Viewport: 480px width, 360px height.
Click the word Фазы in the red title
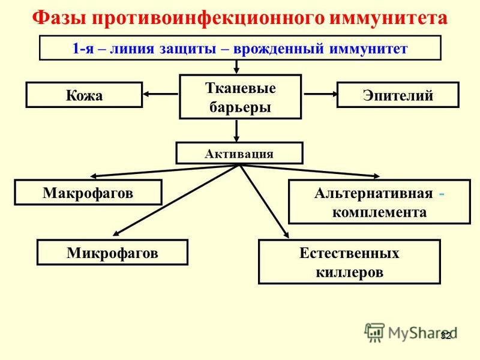pos(59,18)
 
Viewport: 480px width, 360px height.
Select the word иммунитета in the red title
pos(388,18)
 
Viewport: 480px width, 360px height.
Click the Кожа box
pos(84,95)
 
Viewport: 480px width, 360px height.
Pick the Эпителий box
pos(398,95)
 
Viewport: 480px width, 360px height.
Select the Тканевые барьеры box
pos(241,97)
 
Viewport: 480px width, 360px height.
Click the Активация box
pos(239,153)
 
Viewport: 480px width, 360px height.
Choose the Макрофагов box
pos(88,192)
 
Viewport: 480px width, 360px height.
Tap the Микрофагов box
pos(112,252)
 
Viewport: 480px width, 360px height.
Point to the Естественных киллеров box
pos(349,262)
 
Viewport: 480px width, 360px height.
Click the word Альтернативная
pos(373,193)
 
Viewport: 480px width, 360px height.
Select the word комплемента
pos(379,212)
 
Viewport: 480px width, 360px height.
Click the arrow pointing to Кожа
pos(160,94)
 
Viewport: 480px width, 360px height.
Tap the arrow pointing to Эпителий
pos(320,94)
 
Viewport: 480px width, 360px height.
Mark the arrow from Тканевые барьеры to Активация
pos(236,131)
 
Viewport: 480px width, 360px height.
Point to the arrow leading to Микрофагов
pos(176,200)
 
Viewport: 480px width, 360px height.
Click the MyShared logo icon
pos(374,332)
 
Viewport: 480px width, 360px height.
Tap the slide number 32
pos(446,335)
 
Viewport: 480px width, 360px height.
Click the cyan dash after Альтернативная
pos(442,194)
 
